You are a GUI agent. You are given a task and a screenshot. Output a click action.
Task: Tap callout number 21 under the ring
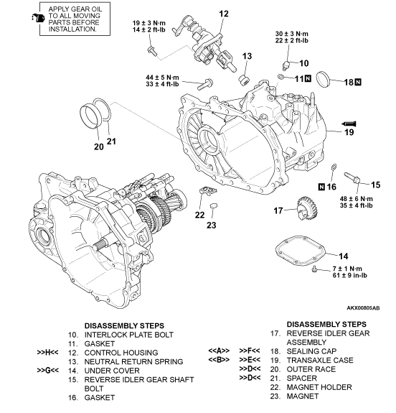pyautogui.click(x=111, y=141)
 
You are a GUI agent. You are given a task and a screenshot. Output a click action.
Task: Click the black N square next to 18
pyautogui.click(x=358, y=83)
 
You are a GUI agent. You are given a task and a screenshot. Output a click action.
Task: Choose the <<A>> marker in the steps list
pyautogui.click(x=218, y=351)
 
